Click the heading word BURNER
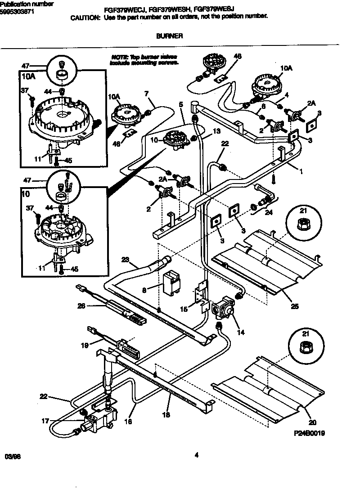169,37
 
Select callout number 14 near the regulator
240,333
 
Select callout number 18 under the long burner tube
166,415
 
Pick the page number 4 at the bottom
196,455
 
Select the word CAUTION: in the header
85,17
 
